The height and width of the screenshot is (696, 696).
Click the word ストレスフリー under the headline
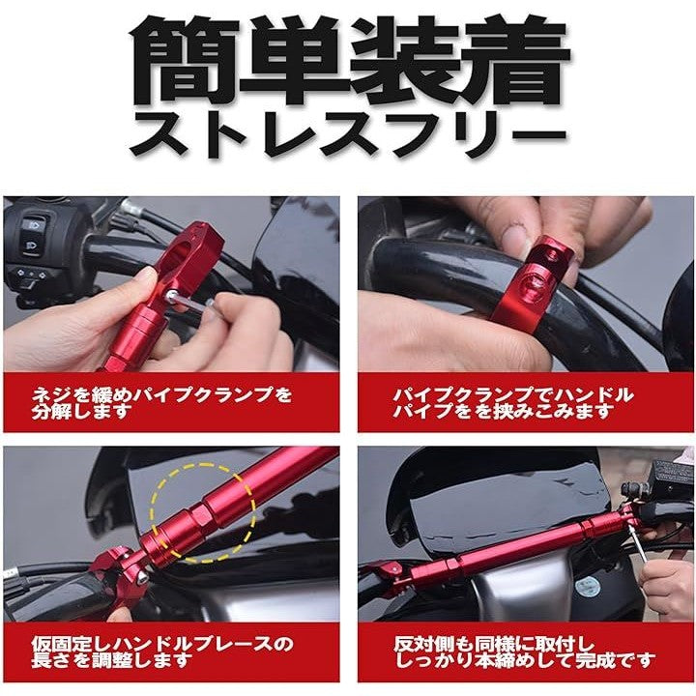tap(348, 134)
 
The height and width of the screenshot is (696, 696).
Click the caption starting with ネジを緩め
tap(161, 402)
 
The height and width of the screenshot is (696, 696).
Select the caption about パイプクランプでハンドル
tap(512, 402)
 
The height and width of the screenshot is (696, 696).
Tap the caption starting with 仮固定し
tap(161, 652)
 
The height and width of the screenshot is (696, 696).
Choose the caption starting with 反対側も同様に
tap(524, 652)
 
